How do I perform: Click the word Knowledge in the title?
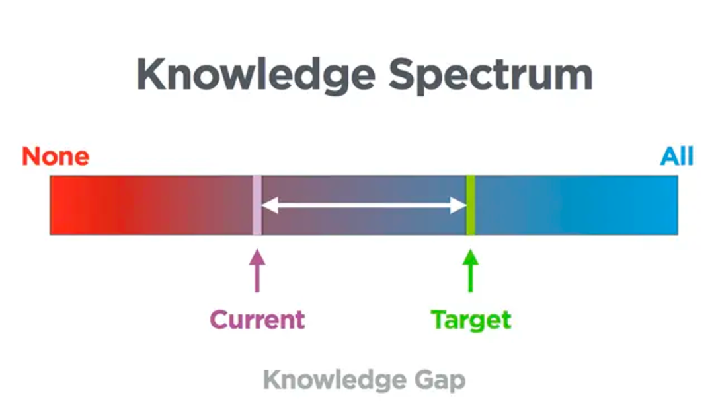(x=256, y=75)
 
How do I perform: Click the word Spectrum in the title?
(x=491, y=75)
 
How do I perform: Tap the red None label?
(x=56, y=156)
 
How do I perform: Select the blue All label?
(x=677, y=156)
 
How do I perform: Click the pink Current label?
(x=257, y=319)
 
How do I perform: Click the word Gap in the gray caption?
(x=440, y=380)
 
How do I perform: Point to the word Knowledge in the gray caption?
(x=335, y=380)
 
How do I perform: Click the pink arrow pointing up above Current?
(x=257, y=271)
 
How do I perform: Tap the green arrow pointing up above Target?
(x=471, y=271)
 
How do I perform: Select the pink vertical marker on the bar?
(x=257, y=205)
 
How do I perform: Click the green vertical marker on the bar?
(x=471, y=205)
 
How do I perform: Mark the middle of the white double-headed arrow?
(x=364, y=205)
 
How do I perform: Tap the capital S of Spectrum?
(x=403, y=75)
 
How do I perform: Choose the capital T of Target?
(x=440, y=319)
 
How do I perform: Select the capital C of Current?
(x=219, y=319)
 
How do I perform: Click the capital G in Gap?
(x=424, y=379)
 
